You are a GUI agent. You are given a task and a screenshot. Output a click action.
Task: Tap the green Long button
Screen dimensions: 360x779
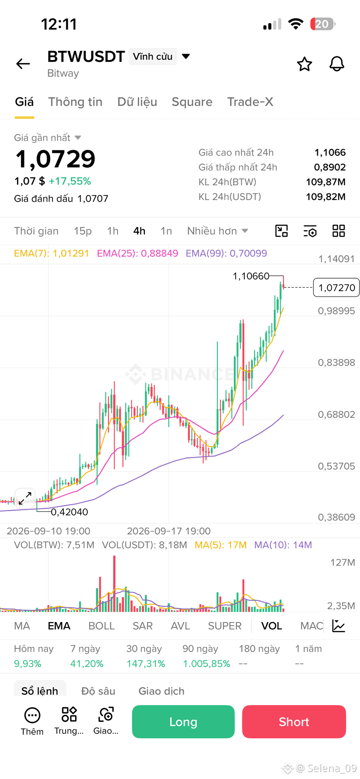(183, 722)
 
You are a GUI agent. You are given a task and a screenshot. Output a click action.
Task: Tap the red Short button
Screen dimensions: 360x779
(294, 722)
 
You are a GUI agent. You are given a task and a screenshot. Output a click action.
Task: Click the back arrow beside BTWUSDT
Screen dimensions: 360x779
(23, 64)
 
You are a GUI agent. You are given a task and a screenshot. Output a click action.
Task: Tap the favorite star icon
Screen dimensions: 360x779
(304, 64)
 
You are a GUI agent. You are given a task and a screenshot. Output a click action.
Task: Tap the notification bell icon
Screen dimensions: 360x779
(337, 64)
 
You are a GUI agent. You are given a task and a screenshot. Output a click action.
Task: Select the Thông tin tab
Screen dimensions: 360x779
(75, 102)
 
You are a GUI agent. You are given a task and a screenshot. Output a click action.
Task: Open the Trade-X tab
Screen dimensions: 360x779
(250, 102)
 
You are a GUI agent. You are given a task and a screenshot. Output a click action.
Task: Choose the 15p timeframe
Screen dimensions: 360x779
(83, 231)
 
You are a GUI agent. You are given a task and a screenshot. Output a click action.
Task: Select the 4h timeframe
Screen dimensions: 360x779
(139, 231)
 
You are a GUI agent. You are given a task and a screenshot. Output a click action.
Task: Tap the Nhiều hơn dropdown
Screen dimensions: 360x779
(217, 231)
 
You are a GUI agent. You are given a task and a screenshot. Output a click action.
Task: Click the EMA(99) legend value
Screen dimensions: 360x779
(227, 253)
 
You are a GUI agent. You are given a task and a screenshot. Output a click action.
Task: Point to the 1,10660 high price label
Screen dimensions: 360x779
(251, 276)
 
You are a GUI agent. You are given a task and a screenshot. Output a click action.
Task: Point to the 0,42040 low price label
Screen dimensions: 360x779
(70, 512)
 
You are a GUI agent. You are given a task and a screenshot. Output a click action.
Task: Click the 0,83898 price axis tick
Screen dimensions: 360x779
(337, 363)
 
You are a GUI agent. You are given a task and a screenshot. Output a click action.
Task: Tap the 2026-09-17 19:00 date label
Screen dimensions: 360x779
(169, 531)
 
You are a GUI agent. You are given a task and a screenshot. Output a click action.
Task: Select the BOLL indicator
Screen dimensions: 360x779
(101, 626)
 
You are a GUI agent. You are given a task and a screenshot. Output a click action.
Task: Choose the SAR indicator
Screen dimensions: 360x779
(143, 626)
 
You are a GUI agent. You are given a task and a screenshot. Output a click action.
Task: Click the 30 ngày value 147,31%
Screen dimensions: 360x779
(146, 664)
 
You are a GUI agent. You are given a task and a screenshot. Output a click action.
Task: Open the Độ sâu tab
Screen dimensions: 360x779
(98, 691)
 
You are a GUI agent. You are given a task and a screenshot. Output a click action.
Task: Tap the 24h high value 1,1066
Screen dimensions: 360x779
(330, 153)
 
